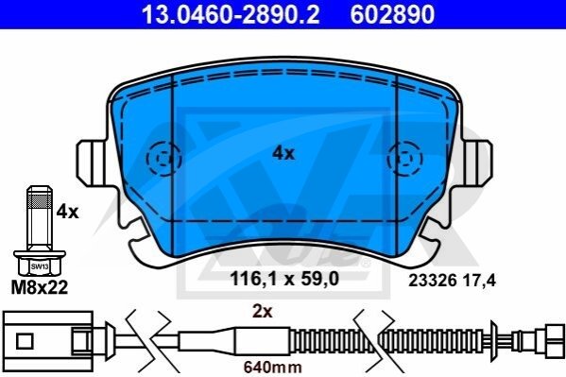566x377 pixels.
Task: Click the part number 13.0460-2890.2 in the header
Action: click(231, 14)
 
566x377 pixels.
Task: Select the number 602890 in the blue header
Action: click(392, 14)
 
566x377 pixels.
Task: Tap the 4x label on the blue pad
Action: click(283, 153)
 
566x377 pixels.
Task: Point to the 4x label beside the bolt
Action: click(67, 212)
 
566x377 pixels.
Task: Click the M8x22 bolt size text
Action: click(40, 287)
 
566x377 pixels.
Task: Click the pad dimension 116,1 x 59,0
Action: click(284, 279)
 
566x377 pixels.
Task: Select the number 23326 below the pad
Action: click(433, 281)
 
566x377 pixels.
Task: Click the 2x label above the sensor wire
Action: click(262, 312)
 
